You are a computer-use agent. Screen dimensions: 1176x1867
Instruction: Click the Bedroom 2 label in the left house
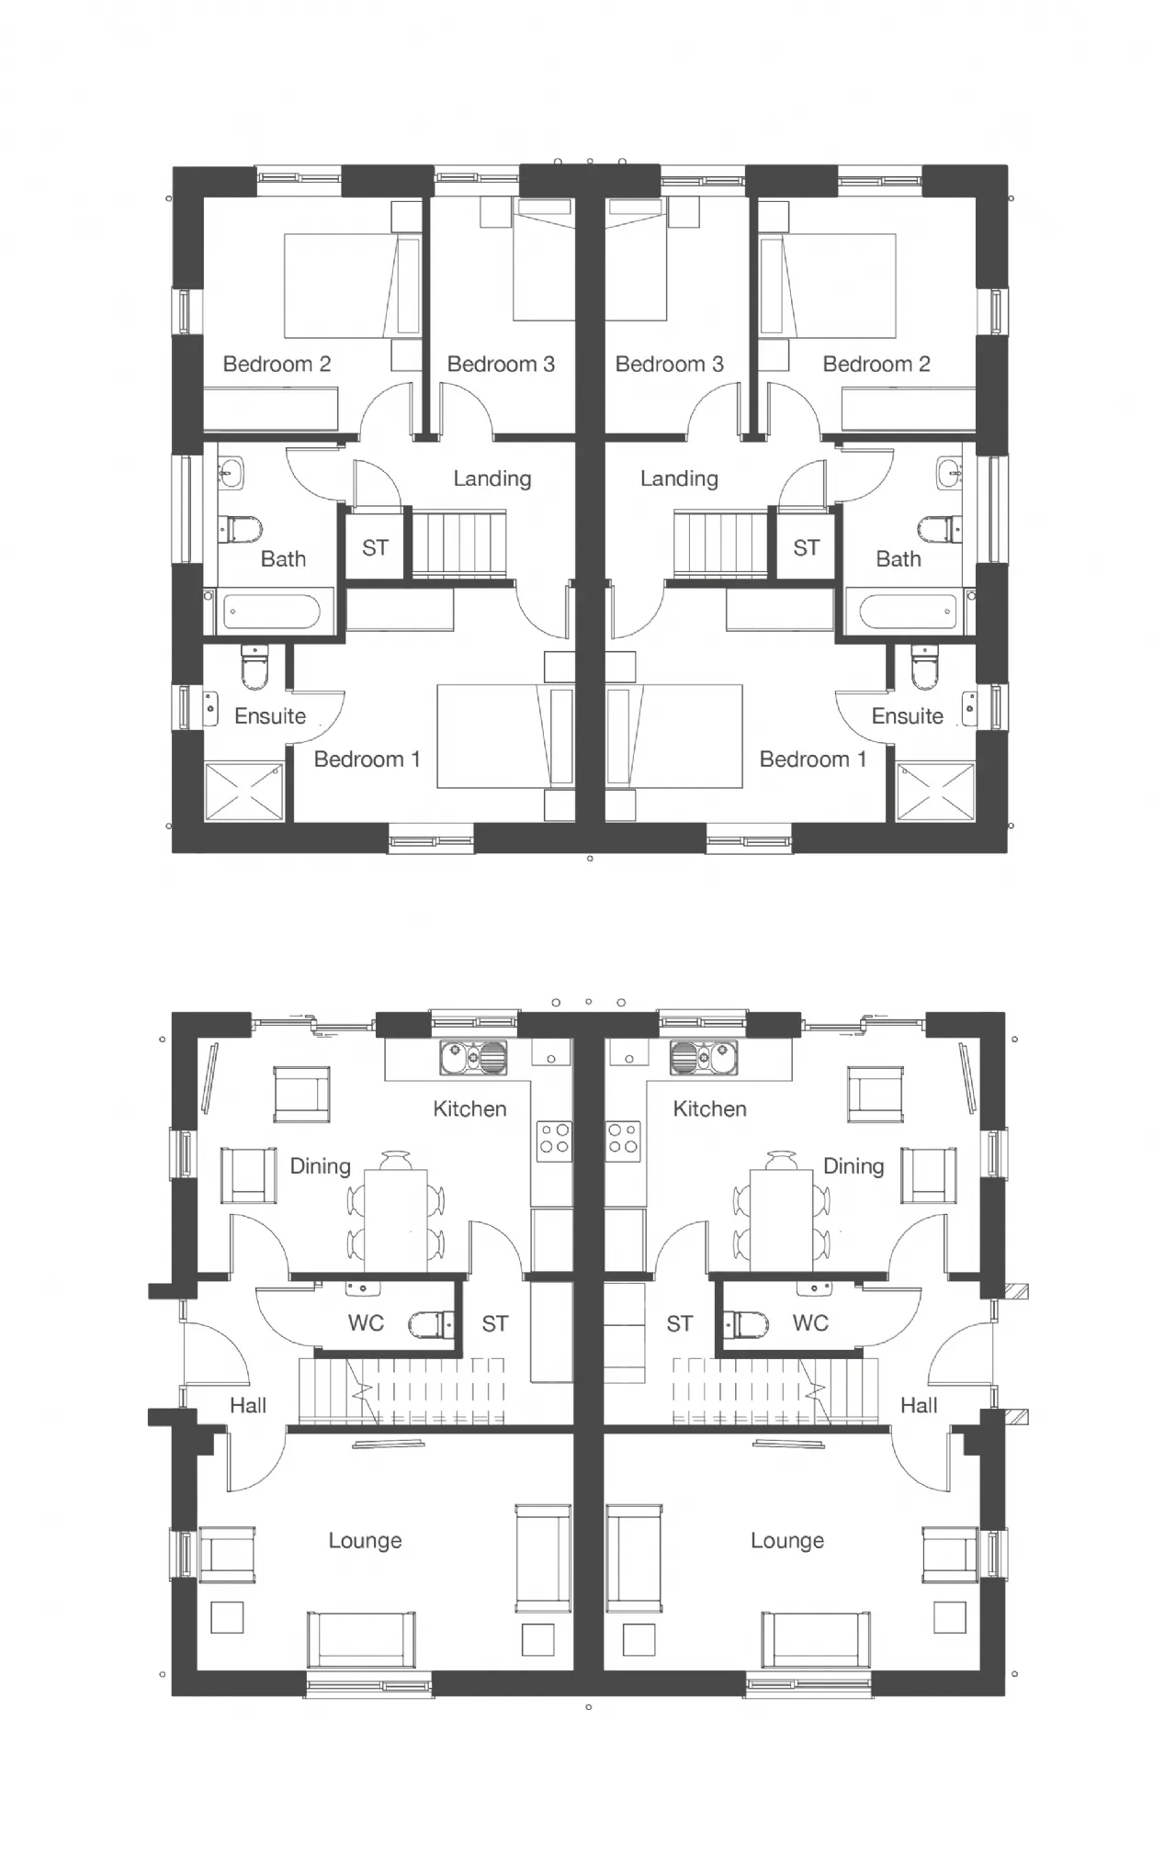pos(277,365)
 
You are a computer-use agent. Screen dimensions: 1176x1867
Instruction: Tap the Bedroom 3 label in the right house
pos(669,365)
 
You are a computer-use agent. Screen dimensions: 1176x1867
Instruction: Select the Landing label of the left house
pos(492,478)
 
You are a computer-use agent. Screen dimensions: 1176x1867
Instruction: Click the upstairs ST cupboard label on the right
pos(806,548)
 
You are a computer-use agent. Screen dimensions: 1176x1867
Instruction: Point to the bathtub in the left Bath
pos(272,612)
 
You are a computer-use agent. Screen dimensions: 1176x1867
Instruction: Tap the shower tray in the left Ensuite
pos(243,791)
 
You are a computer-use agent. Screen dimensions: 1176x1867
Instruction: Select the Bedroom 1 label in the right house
pos(813,759)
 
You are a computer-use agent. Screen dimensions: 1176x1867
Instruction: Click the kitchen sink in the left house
pos(473,1057)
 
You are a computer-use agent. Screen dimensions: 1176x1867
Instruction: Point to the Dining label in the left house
pos(321,1167)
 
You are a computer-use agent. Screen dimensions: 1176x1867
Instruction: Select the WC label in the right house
pos(810,1323)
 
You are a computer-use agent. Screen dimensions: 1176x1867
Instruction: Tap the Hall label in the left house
pos(248,1405)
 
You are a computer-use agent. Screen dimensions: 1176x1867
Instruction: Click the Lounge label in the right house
pos(787,1541)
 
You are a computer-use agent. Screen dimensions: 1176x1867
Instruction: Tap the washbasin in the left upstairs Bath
pos(231,474)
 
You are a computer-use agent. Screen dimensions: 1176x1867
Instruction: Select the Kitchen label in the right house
pos(709,1109)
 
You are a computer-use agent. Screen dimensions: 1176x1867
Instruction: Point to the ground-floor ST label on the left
pos(494,1324)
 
